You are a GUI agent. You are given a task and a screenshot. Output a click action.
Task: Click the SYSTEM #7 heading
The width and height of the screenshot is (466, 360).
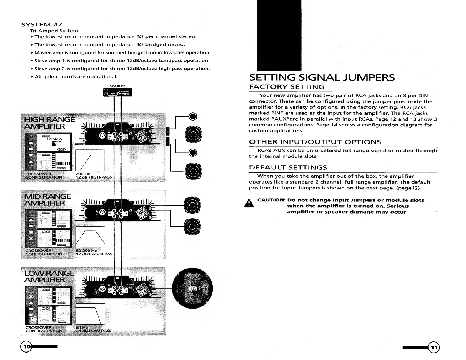[41, 24]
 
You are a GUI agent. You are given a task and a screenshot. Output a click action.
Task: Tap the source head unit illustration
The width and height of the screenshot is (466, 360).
[118, 93]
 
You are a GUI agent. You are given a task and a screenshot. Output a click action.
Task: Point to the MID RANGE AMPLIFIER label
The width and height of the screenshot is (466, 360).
[48, 200]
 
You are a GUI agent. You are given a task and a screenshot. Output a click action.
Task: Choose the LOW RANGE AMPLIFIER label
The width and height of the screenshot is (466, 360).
[49, 276]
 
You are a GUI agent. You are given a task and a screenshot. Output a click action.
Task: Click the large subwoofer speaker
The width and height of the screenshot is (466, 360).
[192, 289]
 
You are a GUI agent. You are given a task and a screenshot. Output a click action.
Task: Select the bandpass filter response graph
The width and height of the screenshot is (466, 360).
[90, 237]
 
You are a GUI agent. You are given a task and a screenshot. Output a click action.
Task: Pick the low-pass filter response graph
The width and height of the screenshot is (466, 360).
[90, 314]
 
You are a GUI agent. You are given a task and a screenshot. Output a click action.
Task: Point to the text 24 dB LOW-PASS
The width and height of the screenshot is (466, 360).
[94, 331]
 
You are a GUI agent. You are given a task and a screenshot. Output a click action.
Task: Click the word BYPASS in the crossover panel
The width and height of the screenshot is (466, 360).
[54, 139]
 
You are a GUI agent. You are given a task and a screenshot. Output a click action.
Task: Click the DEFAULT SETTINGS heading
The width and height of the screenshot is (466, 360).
[288, 167]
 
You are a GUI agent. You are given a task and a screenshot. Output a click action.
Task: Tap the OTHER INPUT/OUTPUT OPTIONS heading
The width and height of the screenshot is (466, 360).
[315, 142]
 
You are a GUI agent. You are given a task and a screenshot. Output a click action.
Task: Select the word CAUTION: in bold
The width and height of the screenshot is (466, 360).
[271, 200]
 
